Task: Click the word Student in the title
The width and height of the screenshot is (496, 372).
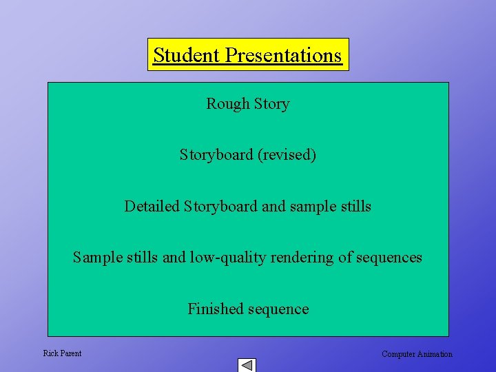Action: coord(180,55)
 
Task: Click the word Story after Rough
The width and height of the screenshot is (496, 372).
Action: coord(271,104)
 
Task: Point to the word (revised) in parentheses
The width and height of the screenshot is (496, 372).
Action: coord(287,155)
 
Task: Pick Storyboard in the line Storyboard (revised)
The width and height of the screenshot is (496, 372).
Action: coord(216,155)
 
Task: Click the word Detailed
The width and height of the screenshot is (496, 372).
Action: coord(152,206)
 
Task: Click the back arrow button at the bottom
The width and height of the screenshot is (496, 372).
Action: coord(247,365)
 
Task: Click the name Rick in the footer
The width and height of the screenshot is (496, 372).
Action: coord(51,353)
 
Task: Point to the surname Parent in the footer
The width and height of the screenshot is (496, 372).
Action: coord(70,353)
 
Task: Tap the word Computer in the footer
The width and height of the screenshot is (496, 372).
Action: coord(398,354)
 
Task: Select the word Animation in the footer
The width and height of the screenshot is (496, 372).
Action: coord(435,354)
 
